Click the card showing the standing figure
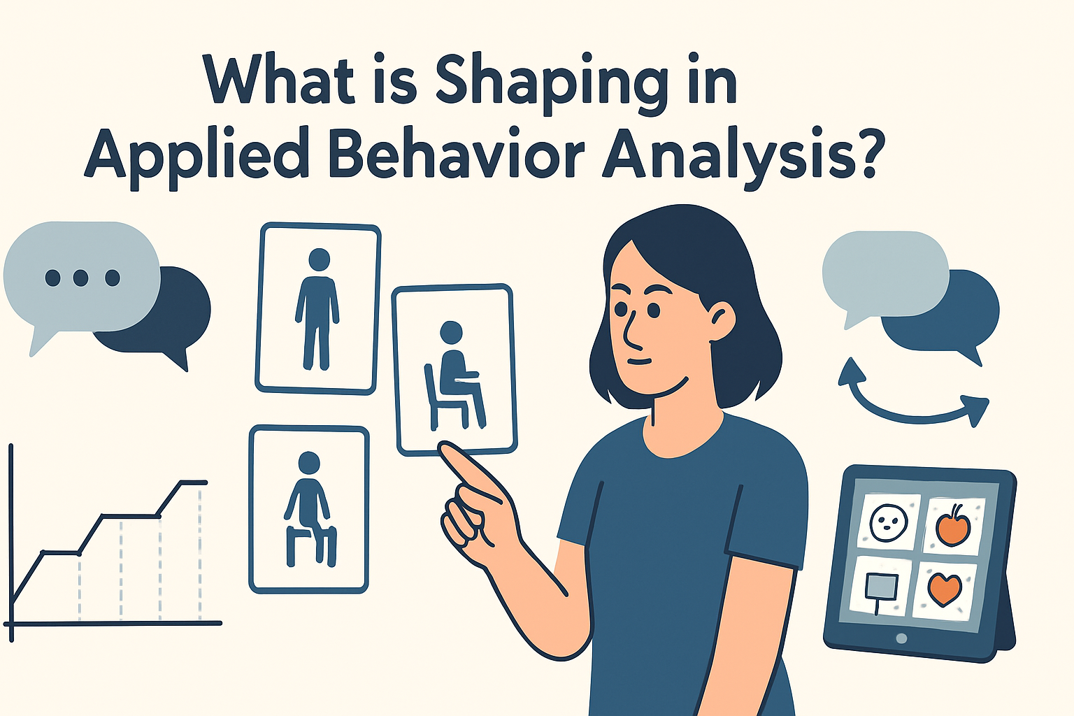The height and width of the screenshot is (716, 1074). click(x=318, y=308)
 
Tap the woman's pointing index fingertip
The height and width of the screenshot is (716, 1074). click(x=445, y=450)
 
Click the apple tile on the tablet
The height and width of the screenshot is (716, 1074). click(x=952, y=525)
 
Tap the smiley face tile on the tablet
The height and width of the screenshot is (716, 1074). click(x=887, y=521)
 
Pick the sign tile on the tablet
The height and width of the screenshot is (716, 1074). click(x=879, y=587)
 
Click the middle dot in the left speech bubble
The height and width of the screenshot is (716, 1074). click(x=80, y=278)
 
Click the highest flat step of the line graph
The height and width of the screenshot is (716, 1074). click(x=194, y=482)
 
